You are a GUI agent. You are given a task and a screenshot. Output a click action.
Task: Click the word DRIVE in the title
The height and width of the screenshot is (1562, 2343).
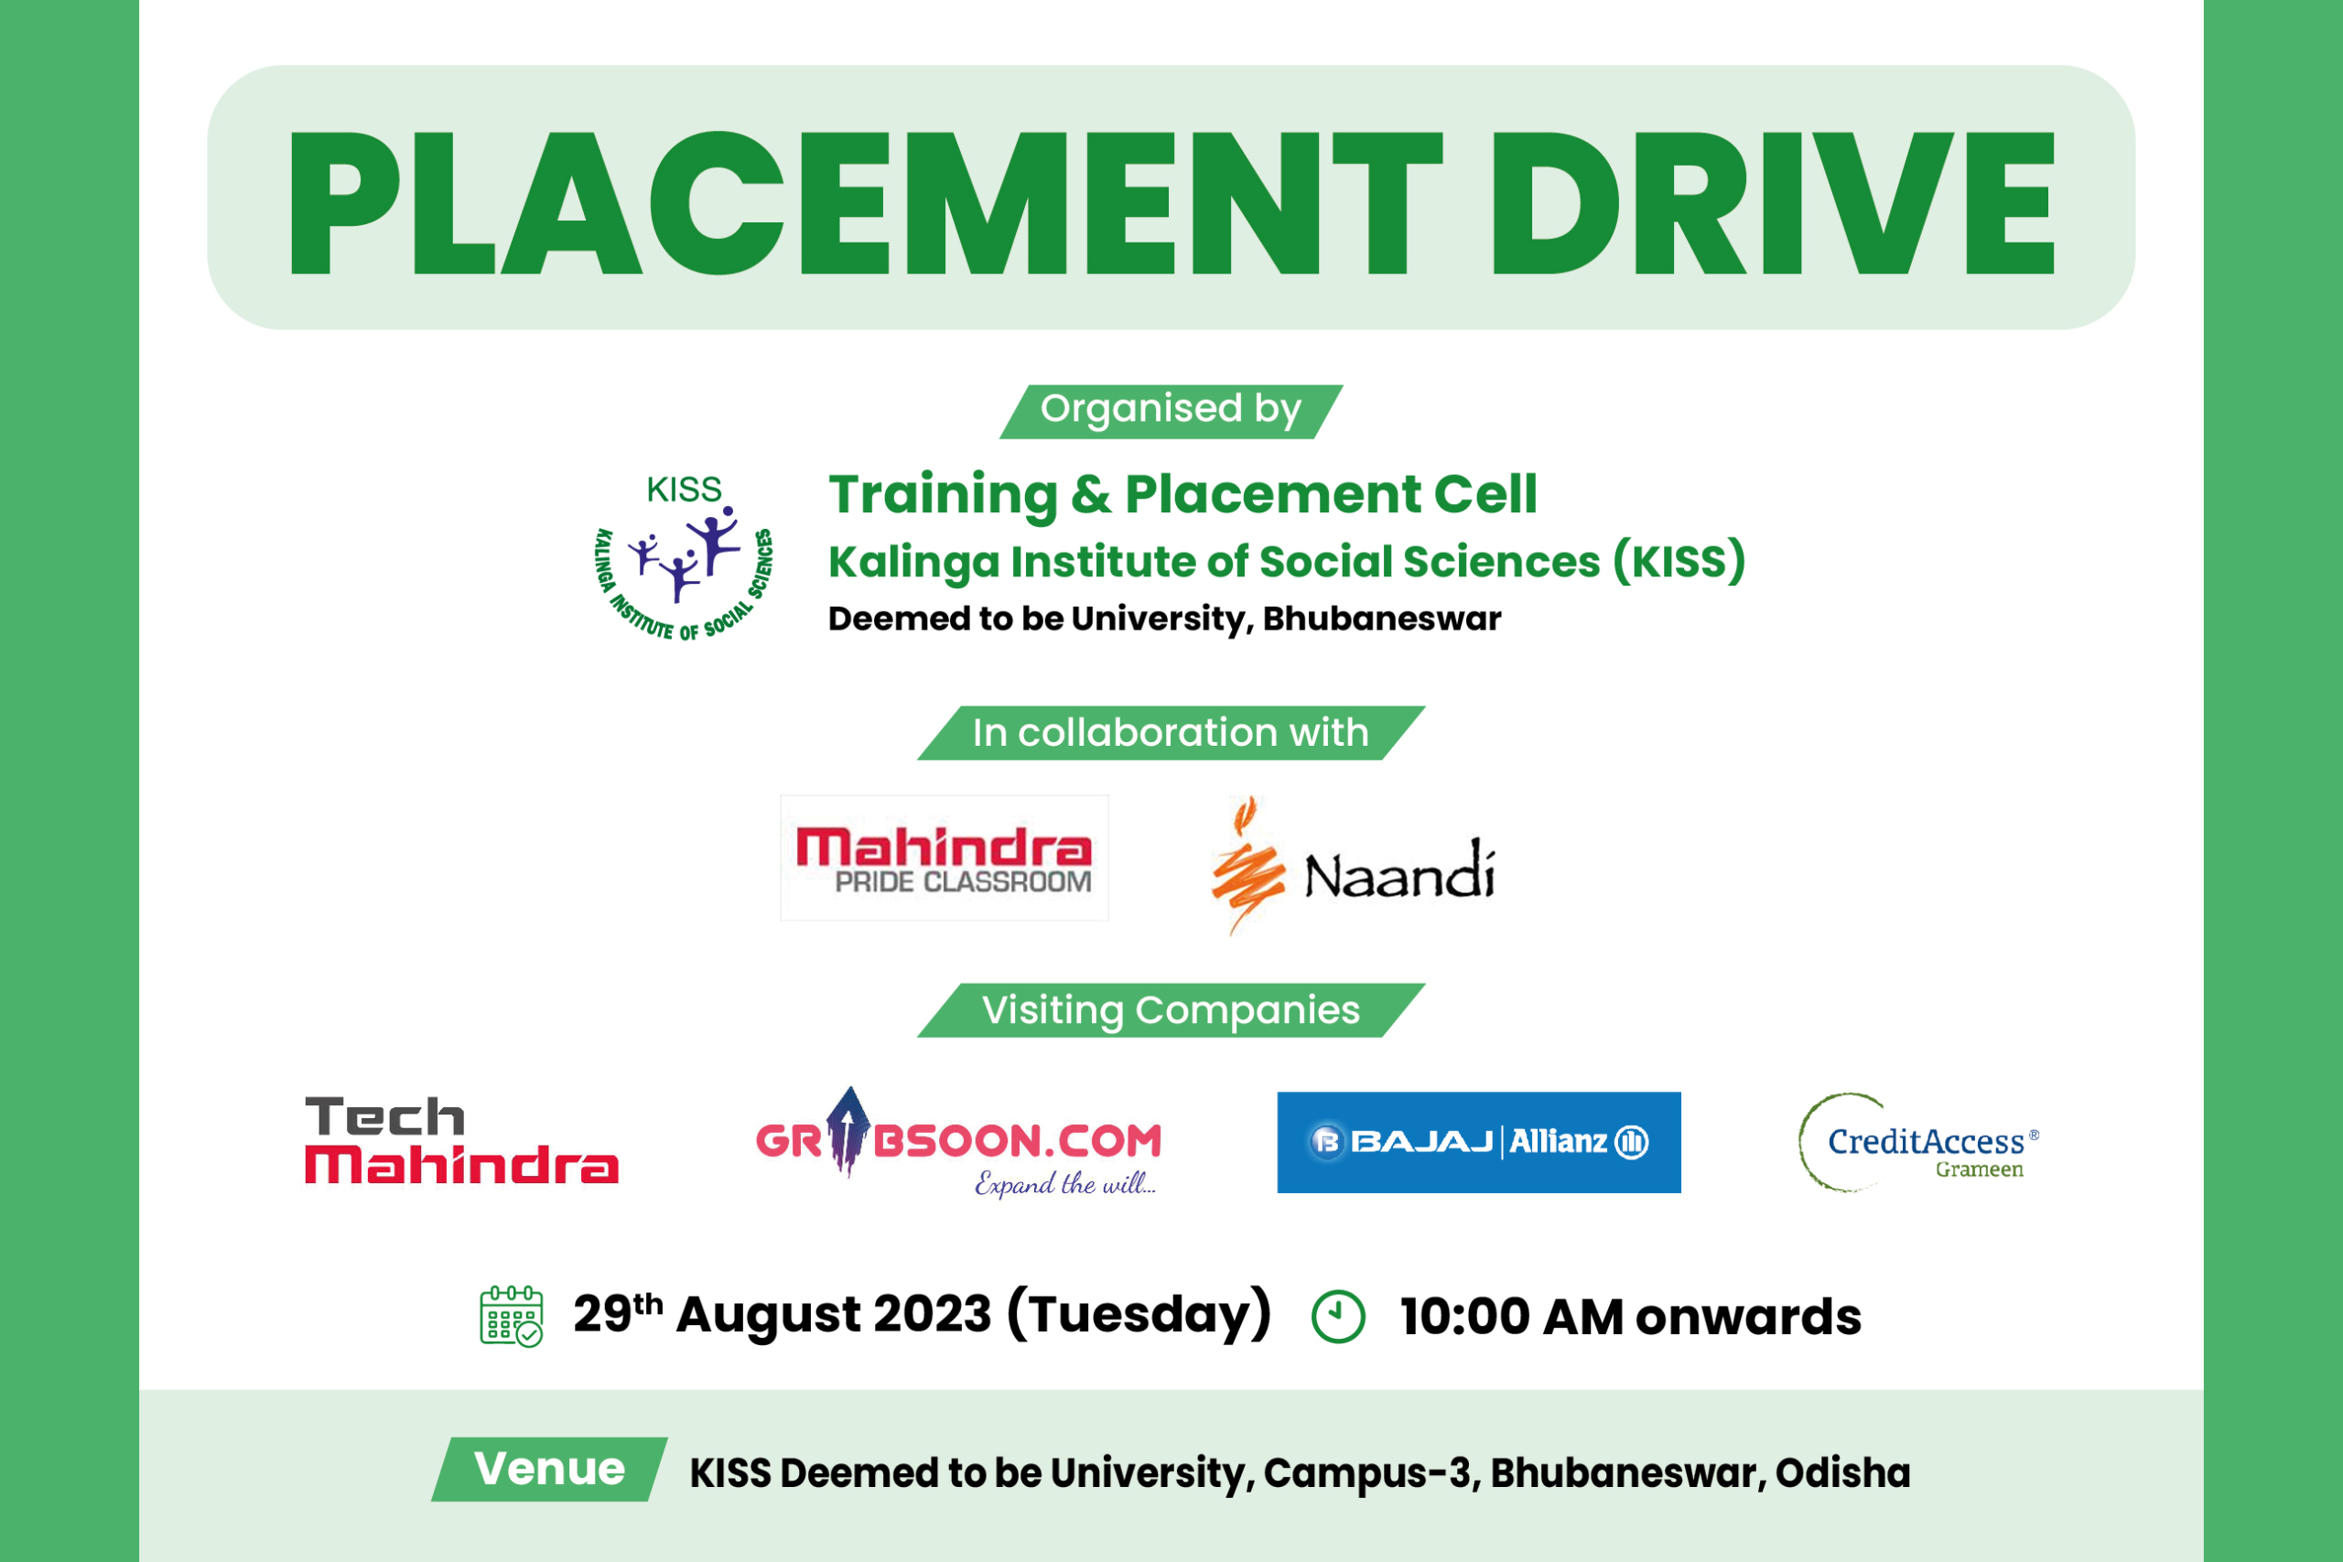pos(1773,202)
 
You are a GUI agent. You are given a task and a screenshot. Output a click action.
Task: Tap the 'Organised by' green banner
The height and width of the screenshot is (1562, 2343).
pos(1171,412)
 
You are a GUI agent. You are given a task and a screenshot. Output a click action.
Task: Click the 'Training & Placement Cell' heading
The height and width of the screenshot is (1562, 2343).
pos(1182,495)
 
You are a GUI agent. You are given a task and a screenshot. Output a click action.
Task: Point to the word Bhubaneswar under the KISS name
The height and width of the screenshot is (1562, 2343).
pos(1382,619)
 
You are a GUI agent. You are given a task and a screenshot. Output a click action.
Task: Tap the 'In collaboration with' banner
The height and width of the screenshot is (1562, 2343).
pos(1171,733)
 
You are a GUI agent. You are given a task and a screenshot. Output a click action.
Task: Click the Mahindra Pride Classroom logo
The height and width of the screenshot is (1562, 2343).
pos(945,857)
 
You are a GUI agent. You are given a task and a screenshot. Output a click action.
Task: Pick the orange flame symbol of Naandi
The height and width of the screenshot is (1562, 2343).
pos(1247,865)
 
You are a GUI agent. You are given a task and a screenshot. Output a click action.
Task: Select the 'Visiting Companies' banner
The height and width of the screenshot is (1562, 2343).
pos(1171,1010)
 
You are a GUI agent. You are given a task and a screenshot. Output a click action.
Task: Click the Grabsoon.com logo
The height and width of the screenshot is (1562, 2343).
pos(959,1142)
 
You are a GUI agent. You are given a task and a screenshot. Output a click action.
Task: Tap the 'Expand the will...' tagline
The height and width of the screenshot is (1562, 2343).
pos(1065,1183)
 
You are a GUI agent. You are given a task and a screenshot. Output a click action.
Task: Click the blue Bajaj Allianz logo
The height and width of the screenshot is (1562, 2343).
pos(1479,1143)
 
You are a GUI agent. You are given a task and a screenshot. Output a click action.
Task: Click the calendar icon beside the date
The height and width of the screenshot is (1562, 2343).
pos(511,1316)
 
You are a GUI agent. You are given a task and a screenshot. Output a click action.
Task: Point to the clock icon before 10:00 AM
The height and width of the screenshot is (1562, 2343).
pos(1338,1317)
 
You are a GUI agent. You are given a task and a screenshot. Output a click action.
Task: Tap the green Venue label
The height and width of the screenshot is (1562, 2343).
pos(550,1470)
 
